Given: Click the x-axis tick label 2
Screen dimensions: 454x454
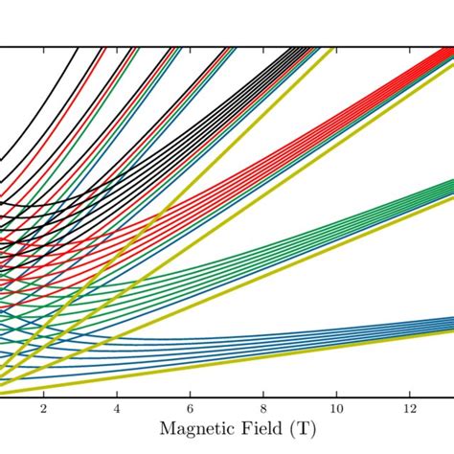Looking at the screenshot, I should coord(43,408).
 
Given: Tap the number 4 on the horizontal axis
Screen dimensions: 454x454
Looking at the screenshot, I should coord(117,408).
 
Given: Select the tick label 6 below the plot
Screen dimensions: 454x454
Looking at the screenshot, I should coord(191,408).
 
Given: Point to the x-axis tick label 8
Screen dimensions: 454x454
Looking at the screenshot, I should coord(263,408).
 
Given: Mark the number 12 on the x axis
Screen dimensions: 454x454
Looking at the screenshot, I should coord(411,408).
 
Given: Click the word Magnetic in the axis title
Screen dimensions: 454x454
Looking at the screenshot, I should coord(198,430).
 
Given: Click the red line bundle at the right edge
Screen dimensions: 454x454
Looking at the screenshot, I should coord(443,61).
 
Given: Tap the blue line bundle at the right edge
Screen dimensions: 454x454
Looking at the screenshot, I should coord(443,324).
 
